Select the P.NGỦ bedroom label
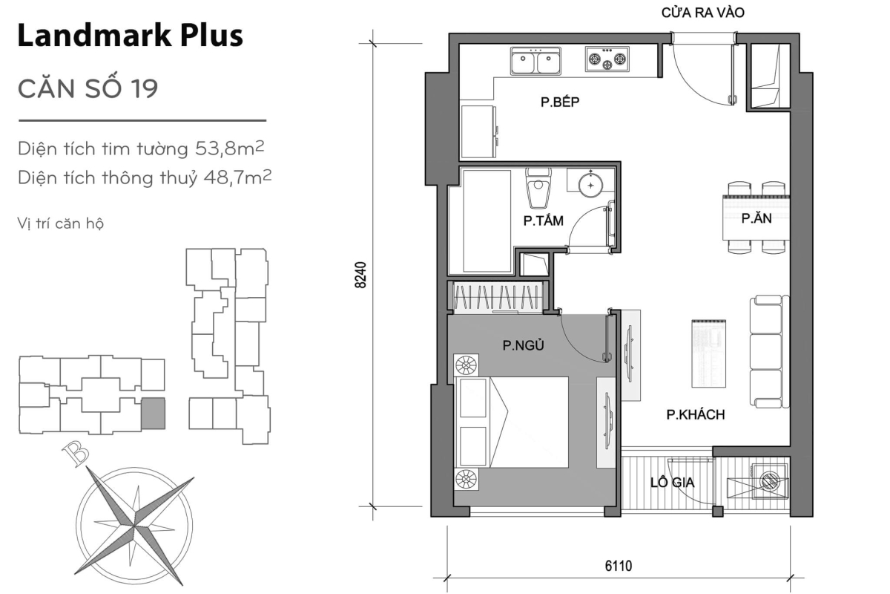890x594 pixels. (518, 344)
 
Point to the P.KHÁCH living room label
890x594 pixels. (695, 415)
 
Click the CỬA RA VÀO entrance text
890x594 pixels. (702, 13)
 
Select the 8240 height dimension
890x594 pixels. (361, 276)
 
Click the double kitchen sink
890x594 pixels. (535, 61)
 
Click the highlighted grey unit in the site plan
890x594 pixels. (153, 413)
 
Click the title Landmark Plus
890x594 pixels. (130, 35)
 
